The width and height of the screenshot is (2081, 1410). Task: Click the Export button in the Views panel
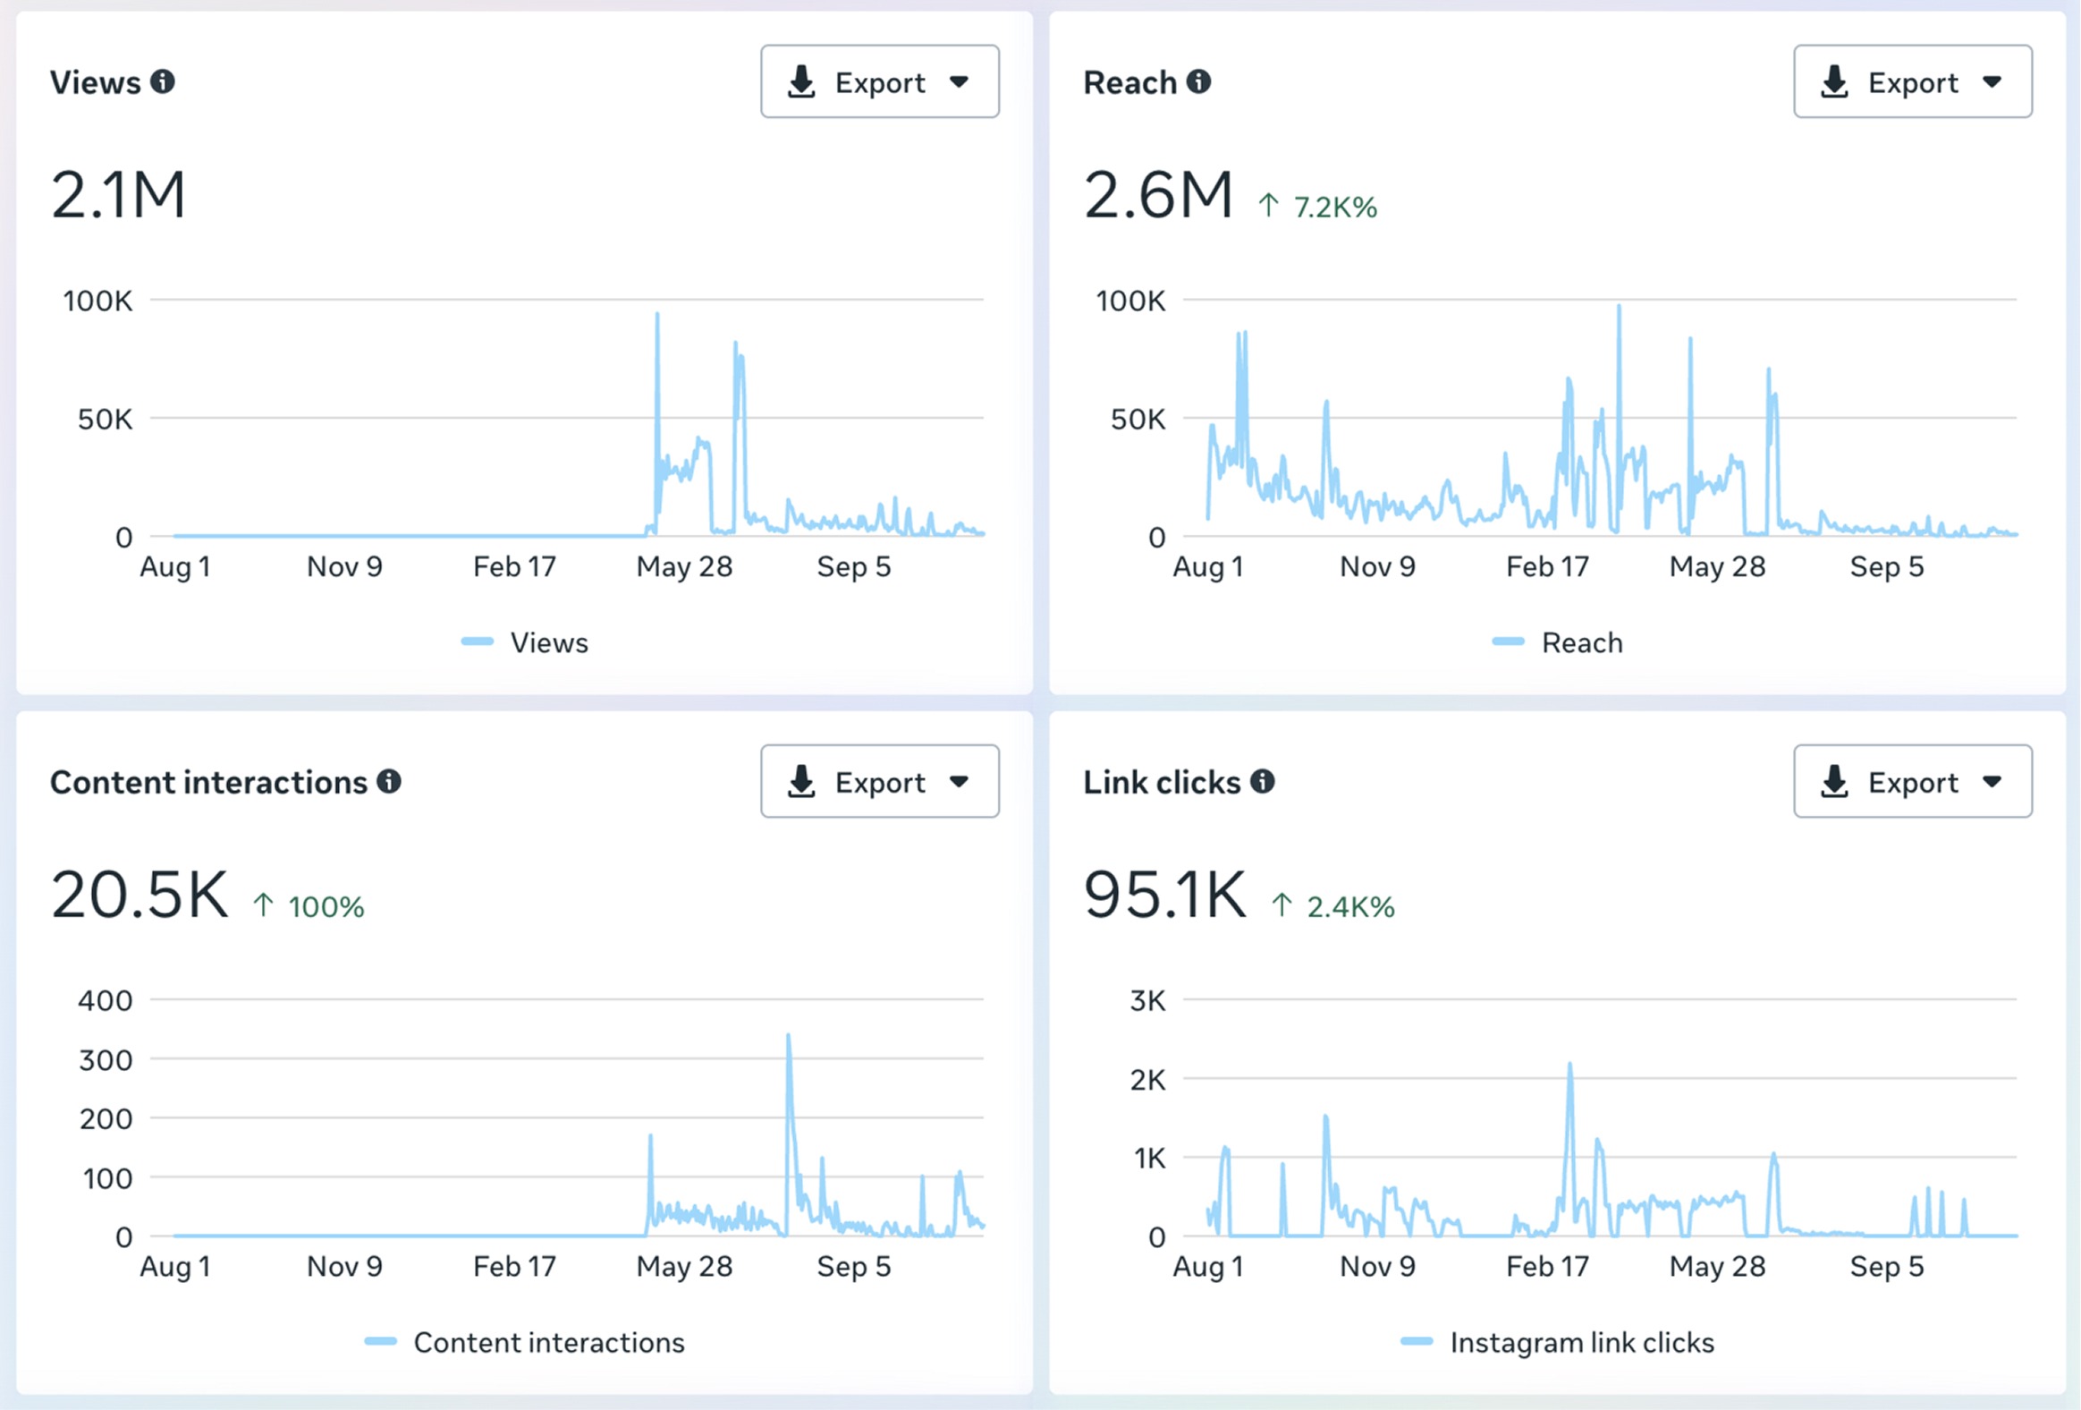879,81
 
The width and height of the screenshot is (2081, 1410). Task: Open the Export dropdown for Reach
1913,81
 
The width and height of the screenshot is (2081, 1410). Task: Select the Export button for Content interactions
879,781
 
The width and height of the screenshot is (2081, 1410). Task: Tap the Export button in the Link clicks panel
1913,781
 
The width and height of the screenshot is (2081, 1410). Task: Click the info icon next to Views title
162,81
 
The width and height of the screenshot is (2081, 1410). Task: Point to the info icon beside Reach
1198,81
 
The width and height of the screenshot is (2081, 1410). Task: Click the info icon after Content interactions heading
389,781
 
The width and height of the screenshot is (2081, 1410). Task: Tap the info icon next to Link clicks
1262,781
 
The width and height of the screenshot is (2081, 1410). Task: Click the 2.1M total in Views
118,194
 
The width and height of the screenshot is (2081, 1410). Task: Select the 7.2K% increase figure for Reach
1335,207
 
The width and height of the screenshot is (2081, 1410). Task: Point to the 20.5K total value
140,894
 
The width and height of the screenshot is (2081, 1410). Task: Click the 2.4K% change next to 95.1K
1350,906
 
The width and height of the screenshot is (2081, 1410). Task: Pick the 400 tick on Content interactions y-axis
106,1000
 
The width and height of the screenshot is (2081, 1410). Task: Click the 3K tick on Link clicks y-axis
1148,1000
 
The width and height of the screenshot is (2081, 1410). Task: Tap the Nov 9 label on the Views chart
344,566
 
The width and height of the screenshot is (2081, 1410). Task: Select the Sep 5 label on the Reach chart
1887,566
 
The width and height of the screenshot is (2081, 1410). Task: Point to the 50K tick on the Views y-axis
105,419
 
